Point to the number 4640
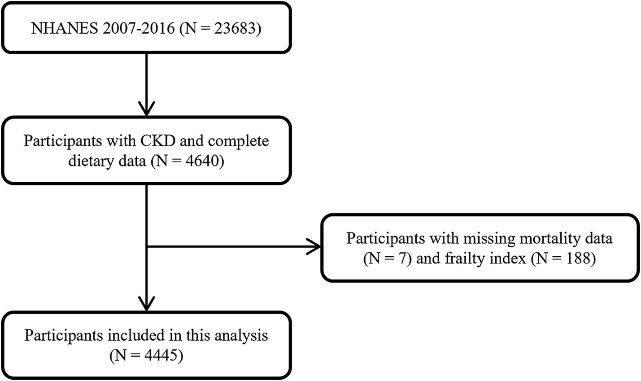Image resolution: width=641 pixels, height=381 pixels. click(200, 161)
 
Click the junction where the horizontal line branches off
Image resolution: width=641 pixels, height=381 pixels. click(147, 246)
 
